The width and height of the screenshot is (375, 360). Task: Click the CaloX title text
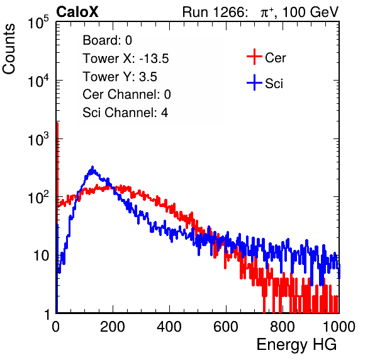77,12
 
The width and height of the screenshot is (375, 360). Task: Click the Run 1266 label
215,12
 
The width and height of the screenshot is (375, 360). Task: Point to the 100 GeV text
310,12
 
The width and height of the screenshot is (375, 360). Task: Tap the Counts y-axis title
9,49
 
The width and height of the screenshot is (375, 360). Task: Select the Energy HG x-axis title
296,344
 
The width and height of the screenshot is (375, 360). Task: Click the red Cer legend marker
254,57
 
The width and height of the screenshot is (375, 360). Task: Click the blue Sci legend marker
254,82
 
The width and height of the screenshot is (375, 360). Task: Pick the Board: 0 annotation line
107,40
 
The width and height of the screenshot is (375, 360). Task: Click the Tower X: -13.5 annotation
126,59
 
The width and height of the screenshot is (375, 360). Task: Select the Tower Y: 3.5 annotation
120,77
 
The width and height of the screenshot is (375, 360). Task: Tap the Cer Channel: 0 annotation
126,94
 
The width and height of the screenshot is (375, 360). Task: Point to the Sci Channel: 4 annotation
125,113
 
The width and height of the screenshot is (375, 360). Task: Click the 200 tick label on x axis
113,327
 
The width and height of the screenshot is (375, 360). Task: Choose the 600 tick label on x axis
226,327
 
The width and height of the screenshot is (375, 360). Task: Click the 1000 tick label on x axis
339,327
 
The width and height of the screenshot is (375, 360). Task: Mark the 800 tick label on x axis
283,327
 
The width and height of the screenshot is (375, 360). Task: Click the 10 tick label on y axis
41,256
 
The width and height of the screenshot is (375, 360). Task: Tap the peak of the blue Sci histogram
92,167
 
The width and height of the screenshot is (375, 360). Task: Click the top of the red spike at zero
57,123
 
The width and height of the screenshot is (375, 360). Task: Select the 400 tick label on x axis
169,327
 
